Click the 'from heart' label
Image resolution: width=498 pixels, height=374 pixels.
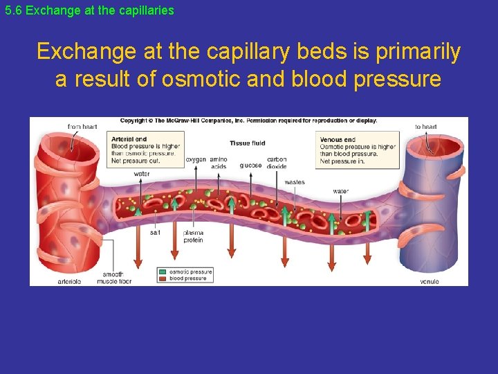click(82, 127)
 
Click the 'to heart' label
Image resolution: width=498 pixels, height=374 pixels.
click(425, 127)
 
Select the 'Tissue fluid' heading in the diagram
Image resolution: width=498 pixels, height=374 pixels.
click(247, 143)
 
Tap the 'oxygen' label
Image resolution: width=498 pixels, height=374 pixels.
click(196, 160)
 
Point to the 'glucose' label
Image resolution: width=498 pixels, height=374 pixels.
click(250, 165)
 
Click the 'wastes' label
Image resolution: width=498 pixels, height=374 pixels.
click(294, 182)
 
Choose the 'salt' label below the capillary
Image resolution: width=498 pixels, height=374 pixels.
click(156, 233)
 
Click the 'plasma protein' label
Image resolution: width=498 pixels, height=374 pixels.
click(193, 236)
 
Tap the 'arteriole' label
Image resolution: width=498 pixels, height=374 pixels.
click(69, 281)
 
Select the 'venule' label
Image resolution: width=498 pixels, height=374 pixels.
click(429, 281)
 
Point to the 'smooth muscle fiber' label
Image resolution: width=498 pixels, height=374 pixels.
click(113, 278)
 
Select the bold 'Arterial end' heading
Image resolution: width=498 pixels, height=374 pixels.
click(129, 139)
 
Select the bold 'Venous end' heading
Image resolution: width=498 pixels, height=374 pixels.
click(337, 139)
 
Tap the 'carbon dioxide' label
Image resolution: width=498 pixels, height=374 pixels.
click(276, 163)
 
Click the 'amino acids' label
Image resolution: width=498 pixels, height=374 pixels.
click(218, 163)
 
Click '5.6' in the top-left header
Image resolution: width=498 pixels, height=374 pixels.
click(13, 11)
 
